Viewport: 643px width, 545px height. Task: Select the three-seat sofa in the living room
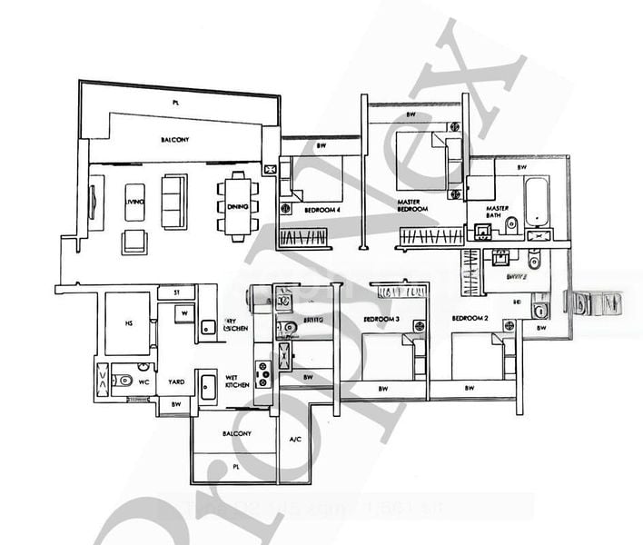coord(173,201)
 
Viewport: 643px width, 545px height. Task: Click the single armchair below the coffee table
coord(134,241)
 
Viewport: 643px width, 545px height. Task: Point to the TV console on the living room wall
coord(94,201)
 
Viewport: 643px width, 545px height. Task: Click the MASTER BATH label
coord(497,212)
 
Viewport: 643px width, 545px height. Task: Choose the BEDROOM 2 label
coord(472,320)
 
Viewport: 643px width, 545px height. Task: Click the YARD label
coord(174,382)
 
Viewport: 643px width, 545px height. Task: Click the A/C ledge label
coord(294,440)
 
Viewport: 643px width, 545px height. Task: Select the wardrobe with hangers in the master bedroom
coord(431,238)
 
